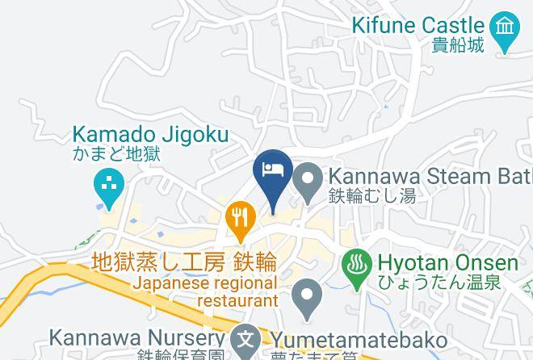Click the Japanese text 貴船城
458,44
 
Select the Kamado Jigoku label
151,135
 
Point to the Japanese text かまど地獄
115,153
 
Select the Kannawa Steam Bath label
428,176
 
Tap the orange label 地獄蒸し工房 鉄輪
185,263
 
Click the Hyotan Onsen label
447,263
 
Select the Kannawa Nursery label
136,337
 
